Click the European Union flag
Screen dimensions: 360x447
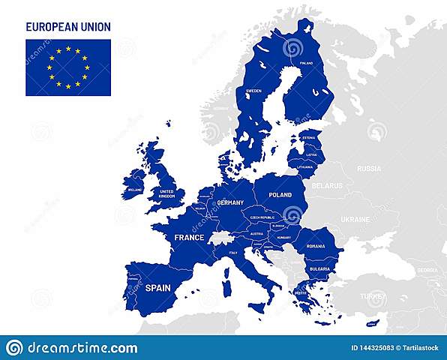pyautogui.click(x=68, y=67)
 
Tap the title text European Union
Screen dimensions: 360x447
pyautogui.click(x=68, y=27)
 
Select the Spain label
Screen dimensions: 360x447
pyautogui.click(x=157, y=288)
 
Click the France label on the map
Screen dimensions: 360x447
pyautogui.click(x=189, y=238)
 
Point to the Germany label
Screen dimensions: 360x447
pyautogui.click(x=230, y=202)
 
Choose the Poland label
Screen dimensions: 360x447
pyautogui.click(x=280, y=194)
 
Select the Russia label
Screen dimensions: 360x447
pyautogui.click(x=369, y=169)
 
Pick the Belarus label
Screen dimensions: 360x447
pyautogui.click(x=327, y=185)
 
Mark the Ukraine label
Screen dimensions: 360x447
pyautogui.click(x=355, y=220)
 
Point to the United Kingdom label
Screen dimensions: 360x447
pyautogui.click(x=167, y=193)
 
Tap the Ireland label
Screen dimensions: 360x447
pyautogui.click(x=135, y=190)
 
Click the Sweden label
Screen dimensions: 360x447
pyautogui.click(x=254, y=91)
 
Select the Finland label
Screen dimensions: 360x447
pyautogui.click(x=306, y=64)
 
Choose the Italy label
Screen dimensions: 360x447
pyautogui.click(x=233, y=253)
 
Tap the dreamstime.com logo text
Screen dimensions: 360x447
pyautogui.click(x=82, y=348)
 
